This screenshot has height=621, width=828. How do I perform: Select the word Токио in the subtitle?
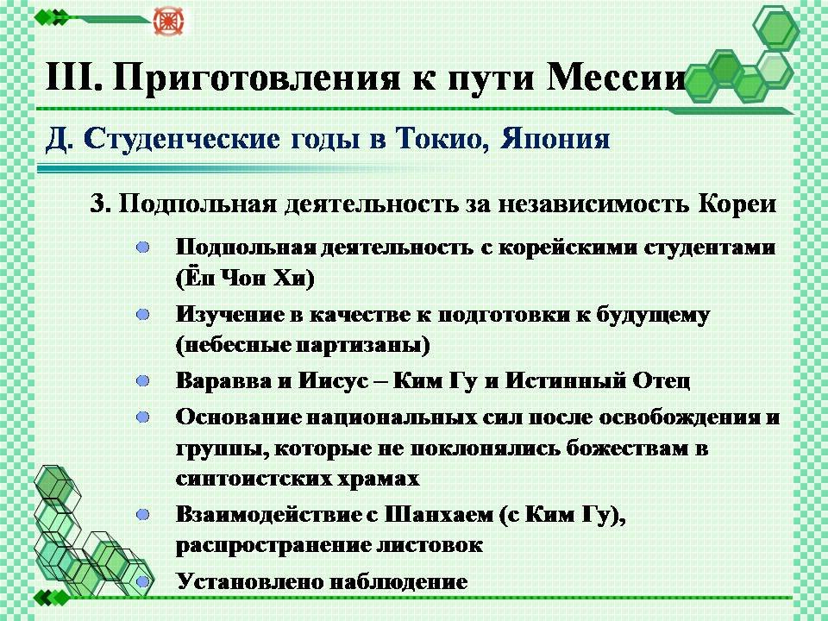click(442, 140)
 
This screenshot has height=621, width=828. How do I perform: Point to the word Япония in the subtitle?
click(555, 140)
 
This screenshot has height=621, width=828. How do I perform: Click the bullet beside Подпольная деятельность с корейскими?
click(142, 248)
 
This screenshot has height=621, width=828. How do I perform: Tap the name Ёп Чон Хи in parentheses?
click(245, 278)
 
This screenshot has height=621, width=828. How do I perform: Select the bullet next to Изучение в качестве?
click(142, 315)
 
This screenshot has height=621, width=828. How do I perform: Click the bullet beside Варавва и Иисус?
click(142, 380)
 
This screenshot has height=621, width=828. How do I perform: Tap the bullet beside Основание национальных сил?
click(142, 417)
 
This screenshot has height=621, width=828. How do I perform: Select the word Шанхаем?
click(439, 514)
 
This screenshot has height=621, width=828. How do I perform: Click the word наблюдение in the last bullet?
click(398, 582)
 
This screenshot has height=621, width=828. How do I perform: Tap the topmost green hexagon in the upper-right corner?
click(775, 28)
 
